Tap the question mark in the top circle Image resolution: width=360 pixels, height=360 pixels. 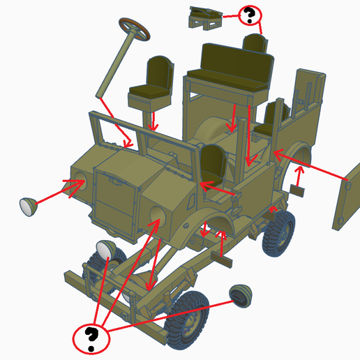click(249, 15)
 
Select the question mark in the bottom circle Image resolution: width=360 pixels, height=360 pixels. click(91, 338)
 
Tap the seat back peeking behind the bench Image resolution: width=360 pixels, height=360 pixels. click(255, 43)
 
